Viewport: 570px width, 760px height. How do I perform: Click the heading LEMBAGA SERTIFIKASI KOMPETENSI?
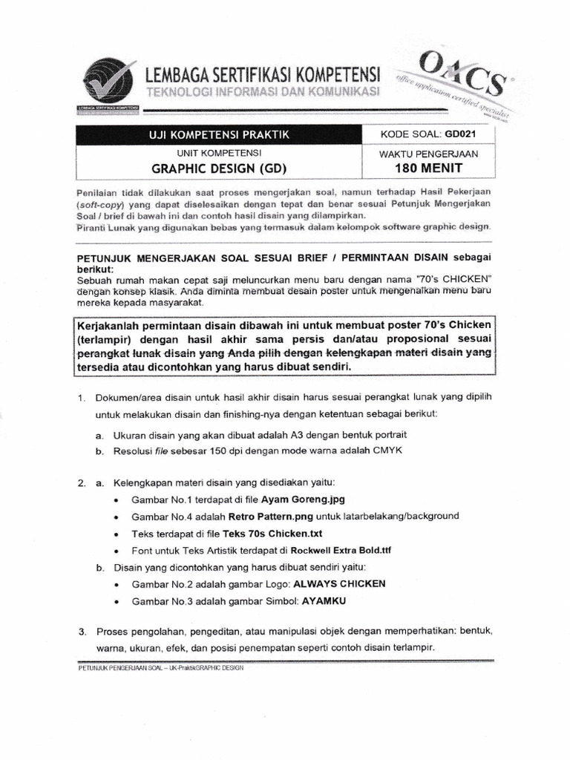[263, 75]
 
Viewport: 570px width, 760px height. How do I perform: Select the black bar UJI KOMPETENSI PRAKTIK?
[217, 134]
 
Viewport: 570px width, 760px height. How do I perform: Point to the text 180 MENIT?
[428, 168]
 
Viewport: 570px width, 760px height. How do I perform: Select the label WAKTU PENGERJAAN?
[429, 154]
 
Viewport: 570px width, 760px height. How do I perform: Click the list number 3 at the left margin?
[81, 631]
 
